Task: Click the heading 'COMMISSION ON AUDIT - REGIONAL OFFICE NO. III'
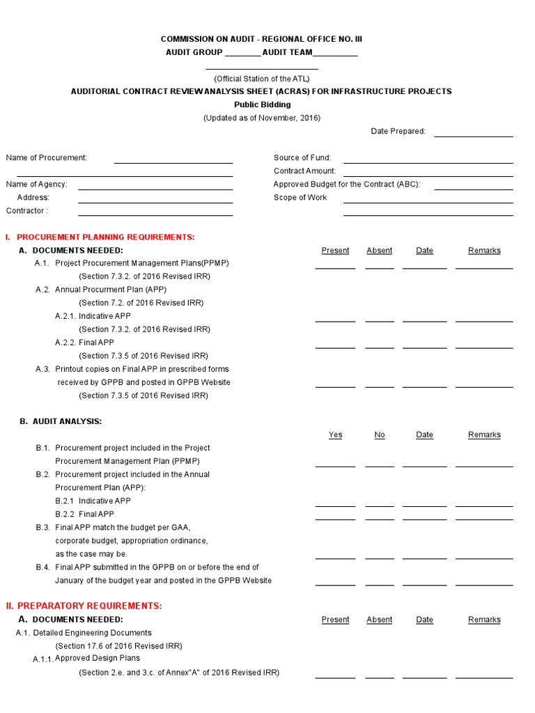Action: click(x=261, y=39)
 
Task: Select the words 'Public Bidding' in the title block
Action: click(x=262, y=104)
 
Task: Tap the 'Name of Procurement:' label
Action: click(x=47, y=158)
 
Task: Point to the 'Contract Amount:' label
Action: click(x=304, y=171)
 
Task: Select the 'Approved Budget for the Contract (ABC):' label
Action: click(x=347, y=185)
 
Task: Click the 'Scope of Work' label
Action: click(x=300, y=198)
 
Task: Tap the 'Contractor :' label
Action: click(x=27, y=211)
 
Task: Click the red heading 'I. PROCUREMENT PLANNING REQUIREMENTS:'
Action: click(x=100, y=237)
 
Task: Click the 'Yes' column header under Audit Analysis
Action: click(x=335, y=435)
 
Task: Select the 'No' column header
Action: click(x=379, y=435)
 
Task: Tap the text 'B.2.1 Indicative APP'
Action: click(x=93, y=501)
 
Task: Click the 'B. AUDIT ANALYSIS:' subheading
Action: click(x=61, y=422)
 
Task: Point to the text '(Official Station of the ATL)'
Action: click(x=261, y=79)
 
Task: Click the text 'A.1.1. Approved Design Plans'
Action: click(x=86, y=659)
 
